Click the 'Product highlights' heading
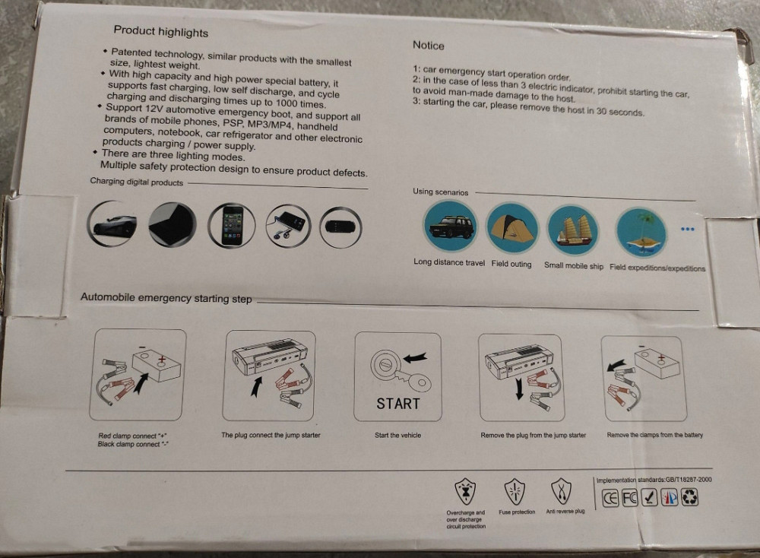coord(161,32)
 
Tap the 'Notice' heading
coord(429,46)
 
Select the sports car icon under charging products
coord(112,224)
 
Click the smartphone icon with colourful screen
coord(232,226)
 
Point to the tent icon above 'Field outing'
coord(511,228)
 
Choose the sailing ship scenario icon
coord(573,230)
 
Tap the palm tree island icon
coord(641,233)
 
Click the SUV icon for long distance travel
coord(450,226)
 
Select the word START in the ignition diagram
coord(398,404)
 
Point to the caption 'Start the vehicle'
coord(397,436)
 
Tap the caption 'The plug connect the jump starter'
coord(271,435)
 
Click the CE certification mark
coord(610,499)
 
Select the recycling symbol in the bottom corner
coord(690,497)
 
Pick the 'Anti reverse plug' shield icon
coord(562,491)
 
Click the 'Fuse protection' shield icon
coord(515,492)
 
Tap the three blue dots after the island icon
coord(687,230)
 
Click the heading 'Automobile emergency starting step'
coord(166,298)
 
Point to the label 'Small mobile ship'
coord(573,265)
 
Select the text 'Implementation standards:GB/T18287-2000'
coord(654,480)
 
